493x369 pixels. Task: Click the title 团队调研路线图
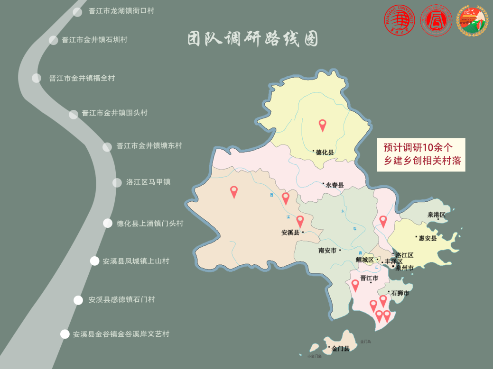tap(252, 39)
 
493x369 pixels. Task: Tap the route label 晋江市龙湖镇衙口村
tap(121, 11)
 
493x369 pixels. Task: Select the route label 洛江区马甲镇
tap(148, 182)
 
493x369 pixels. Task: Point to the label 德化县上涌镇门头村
tap(149, 223)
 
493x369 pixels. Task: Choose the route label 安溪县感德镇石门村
tap(121, 299)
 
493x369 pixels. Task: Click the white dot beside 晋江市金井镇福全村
tap(37, 78)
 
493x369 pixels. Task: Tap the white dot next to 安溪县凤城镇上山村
tap(95, 261)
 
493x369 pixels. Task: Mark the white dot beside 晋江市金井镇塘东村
tap(107, 147)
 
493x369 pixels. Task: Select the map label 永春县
tap(334, 185)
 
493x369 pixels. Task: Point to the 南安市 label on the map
tap(327, 250)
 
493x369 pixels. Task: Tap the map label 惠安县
tap(427, 238)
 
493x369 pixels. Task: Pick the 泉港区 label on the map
tap(437, 215)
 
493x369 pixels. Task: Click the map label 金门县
tap(340, 349)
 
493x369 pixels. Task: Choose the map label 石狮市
tap(400, 294)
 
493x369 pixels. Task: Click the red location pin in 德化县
tap(322, 125)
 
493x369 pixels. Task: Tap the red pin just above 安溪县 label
tap(300, 221)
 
